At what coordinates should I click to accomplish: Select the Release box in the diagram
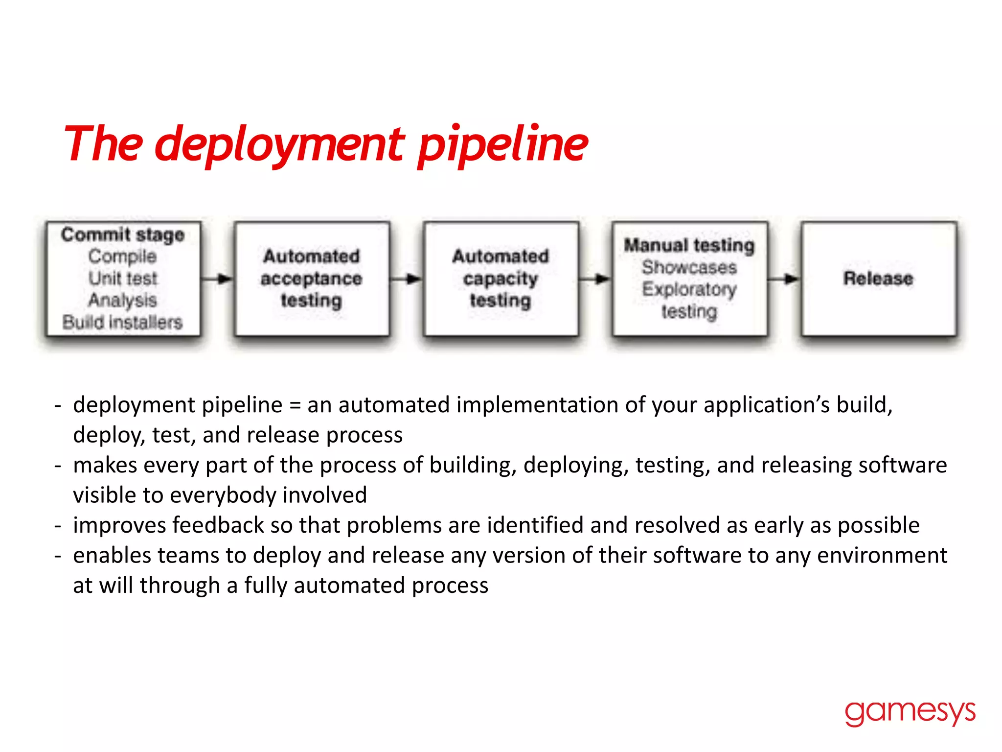(878, 279)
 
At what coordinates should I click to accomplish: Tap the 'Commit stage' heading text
(123, 235)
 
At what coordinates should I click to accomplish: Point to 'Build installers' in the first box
(122, 322)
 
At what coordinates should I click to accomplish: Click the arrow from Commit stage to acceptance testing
(218, 279)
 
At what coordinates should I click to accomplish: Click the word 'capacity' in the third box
(501, 279)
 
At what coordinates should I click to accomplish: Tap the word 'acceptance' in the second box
(311, 279)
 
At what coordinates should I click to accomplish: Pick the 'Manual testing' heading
(689, 245)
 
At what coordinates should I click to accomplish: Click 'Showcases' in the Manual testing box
(689, 267)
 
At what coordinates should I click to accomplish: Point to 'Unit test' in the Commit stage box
(123, 278)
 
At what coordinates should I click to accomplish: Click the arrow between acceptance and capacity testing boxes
(407, 279)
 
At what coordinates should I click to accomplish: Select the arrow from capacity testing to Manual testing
(595, 279)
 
